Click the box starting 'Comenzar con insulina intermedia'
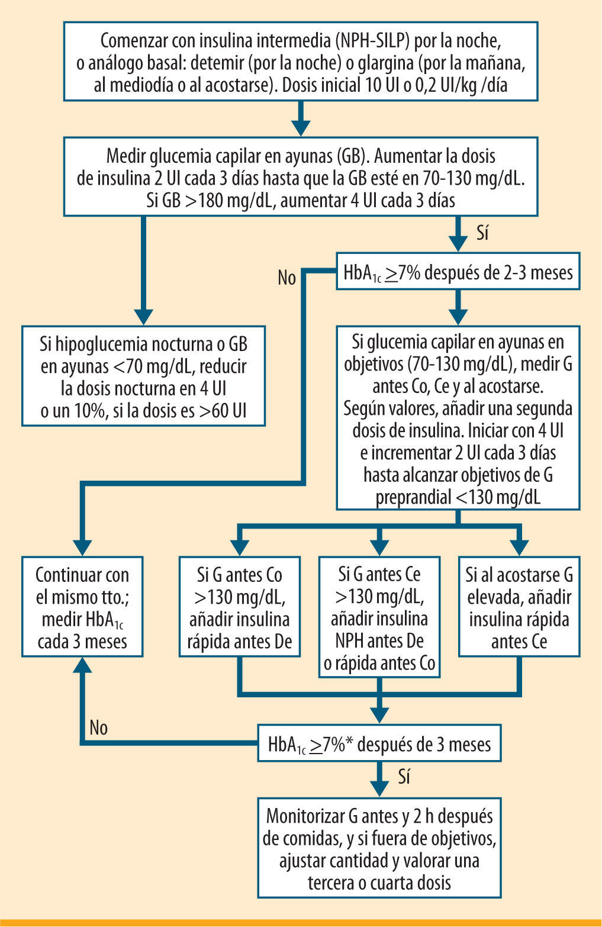click(301, 62)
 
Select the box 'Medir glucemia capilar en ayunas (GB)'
click(301, 177)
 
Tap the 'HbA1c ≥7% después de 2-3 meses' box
click(458, 272)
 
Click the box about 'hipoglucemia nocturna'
click(143, 376)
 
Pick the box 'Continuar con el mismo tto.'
click(82, 607)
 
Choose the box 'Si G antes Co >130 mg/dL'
click(239, 607)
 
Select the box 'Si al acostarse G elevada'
click(519, 607)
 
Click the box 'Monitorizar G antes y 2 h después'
click(379, 848)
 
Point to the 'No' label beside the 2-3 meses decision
click(287, 278)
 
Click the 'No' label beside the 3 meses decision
click(99, 728)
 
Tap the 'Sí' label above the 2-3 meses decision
click(483, 233)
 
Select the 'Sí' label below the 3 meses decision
click(404, 777)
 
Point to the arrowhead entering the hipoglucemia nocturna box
click(143, 316)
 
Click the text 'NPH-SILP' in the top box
click(375, 41)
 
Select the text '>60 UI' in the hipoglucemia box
click(223, 411)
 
